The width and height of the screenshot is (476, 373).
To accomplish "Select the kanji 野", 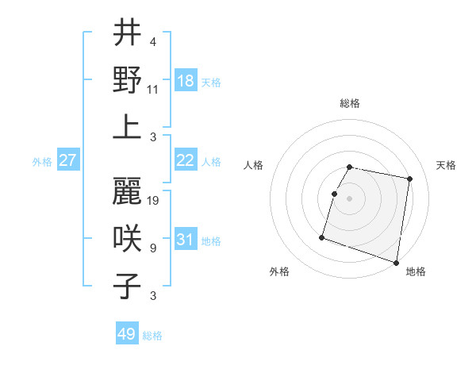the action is [127, 79].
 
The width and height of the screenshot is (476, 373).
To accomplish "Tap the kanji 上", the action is [127, 127].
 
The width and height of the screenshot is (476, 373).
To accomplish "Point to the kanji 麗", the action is [127, 190].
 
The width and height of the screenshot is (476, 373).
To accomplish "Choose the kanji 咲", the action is [127, 238].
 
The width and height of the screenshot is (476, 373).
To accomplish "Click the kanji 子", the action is [127, 286].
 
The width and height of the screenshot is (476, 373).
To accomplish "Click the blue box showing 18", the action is [186, 80].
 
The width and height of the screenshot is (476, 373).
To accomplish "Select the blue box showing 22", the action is [186, 160].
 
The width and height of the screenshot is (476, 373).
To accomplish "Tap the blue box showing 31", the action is [186, 240].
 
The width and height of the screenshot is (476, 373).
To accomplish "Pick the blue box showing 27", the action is [68, 160].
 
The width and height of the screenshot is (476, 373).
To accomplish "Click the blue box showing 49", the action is [127, 334].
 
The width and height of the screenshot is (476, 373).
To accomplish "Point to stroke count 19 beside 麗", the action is [154, 200].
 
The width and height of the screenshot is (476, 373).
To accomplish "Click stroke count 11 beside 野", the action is [154, 89].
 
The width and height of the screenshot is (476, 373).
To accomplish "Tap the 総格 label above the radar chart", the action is [350, 103].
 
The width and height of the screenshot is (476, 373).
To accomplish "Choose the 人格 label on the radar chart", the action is [253, 165].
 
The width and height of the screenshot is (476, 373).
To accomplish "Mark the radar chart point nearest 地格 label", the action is [396, 262].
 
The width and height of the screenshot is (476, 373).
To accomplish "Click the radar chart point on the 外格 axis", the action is [322, 236].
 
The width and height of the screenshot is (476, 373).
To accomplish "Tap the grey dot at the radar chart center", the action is [350, 198].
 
